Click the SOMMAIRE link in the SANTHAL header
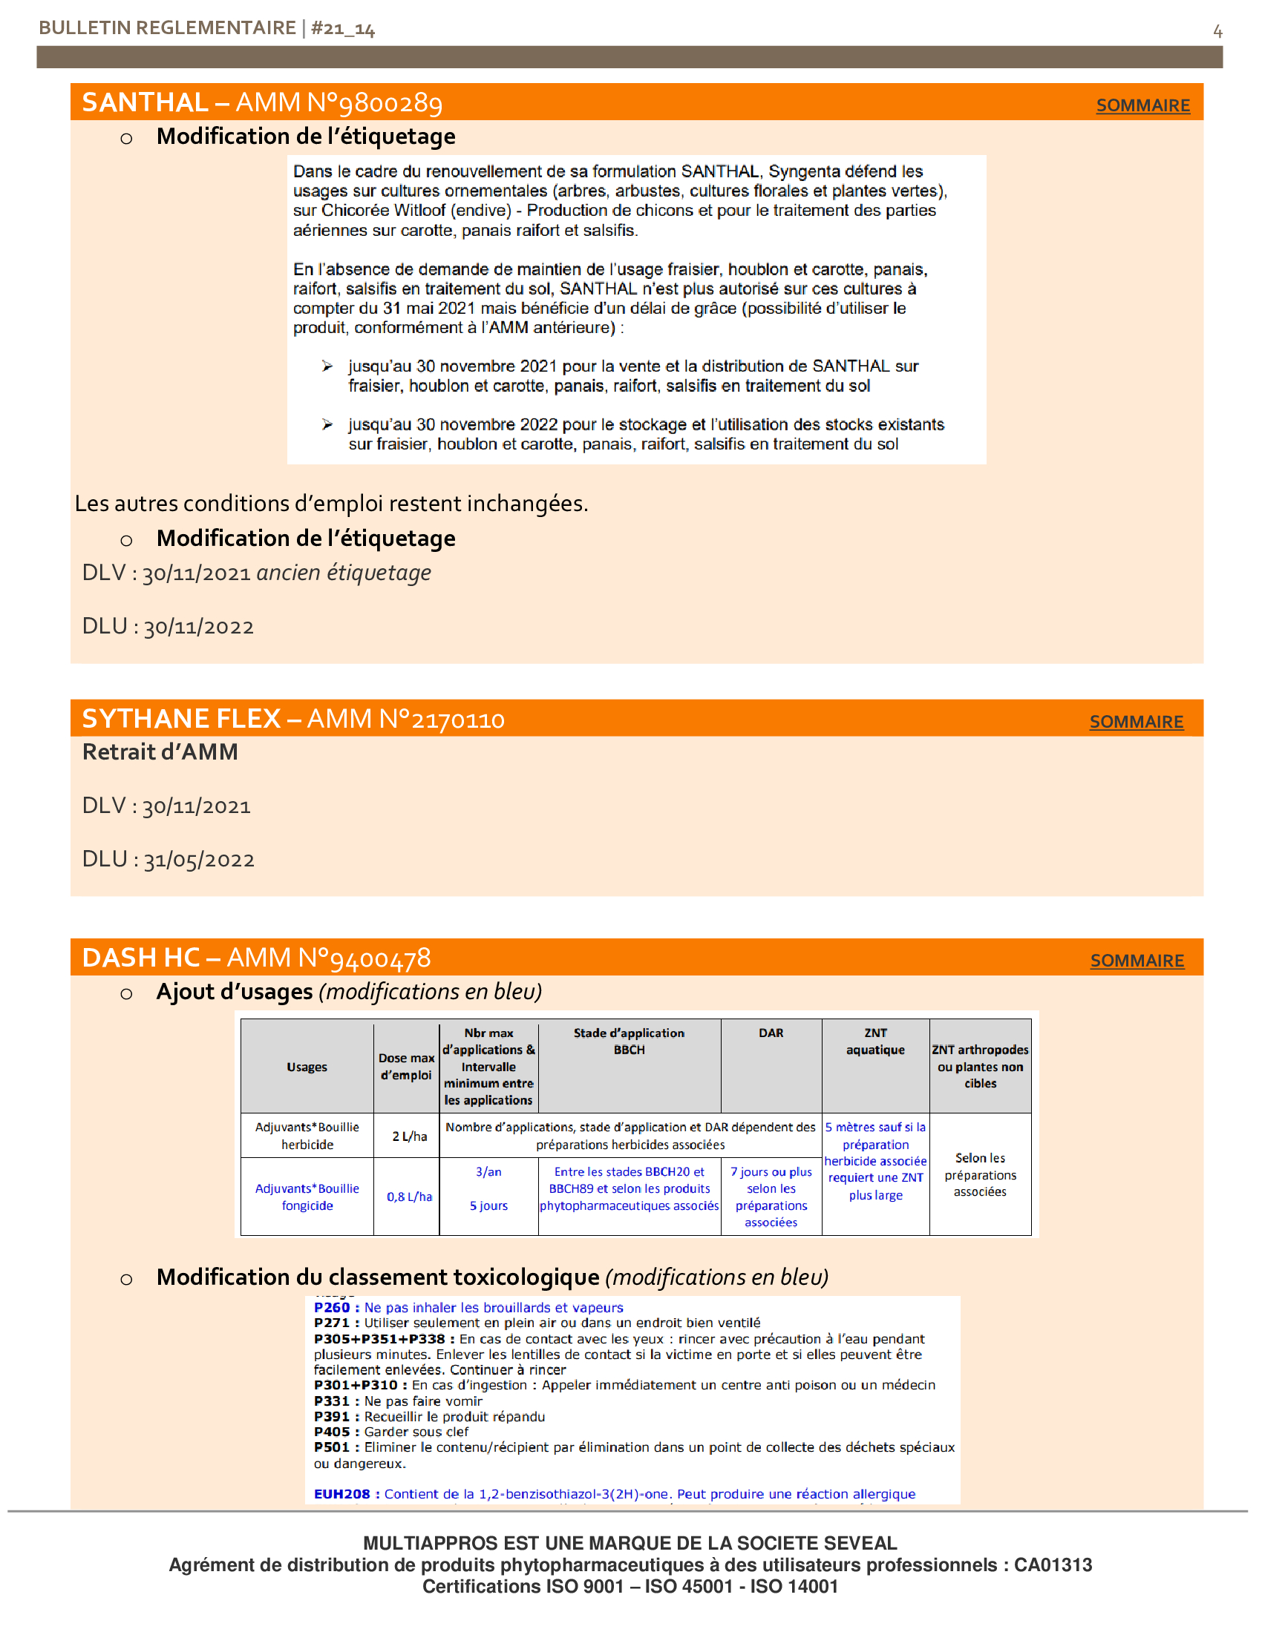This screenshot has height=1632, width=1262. tap(1142, 105)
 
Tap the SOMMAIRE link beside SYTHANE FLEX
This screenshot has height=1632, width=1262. tap(1136, 722)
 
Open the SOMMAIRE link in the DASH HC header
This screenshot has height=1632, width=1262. tap(1137, 961)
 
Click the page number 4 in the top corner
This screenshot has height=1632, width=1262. tap(1217, 31)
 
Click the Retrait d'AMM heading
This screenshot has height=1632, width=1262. tap(160, 751)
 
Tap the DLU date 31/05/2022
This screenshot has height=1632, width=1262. tap(199, 860)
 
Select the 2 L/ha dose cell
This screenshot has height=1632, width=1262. tap(410, 1136)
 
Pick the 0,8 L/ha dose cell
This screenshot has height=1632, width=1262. tap(409, 1197)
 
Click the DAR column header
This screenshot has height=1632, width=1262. tap(771, 1033)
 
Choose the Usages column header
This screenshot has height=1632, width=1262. tap(307, 1066)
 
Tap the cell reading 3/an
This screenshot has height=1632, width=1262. tap(488, 1171)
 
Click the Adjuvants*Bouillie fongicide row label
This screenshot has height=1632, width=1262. tap(307, 1197)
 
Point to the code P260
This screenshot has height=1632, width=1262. tap(332, 1307)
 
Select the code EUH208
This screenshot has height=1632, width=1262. tap(341, 1494)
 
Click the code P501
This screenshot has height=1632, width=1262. tap(332, 1447)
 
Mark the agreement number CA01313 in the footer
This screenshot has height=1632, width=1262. tap(1053, 1564)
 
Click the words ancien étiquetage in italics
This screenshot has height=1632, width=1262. tap(343, 573)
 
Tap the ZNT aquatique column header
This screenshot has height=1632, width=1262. tap(874, 1041)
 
